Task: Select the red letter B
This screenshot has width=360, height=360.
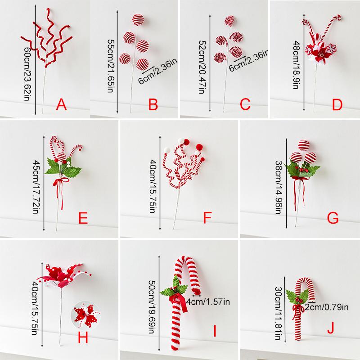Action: (x=153, y=105)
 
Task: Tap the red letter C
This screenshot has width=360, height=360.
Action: (x=245, y=105)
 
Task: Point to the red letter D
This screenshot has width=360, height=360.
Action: (x=337, y=105)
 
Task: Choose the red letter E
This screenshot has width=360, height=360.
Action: (x=82, y=219)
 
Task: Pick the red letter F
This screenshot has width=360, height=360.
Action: (x=207, y=219)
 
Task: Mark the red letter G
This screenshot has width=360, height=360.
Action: (x=332, y=219)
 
